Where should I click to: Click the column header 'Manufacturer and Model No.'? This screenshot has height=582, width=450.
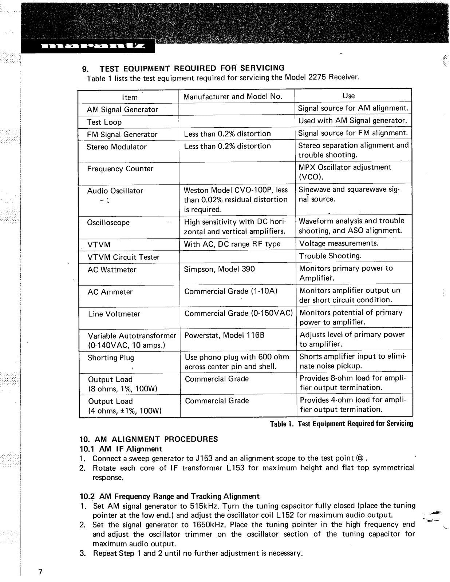(233, 96)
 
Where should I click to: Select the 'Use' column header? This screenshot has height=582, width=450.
(348, 96)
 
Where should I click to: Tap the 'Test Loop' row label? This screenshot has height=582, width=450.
(104, 122)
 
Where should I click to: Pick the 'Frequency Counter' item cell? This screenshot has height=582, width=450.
(120, 169)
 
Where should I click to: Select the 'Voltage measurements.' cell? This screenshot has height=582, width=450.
(339, 243)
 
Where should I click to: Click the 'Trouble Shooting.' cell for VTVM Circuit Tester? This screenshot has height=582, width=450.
(330, 256)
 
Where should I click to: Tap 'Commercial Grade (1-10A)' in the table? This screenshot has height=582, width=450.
(231, 291)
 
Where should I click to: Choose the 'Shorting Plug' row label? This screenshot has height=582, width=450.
(111, 358)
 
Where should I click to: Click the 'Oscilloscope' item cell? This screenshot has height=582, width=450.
(108, 223)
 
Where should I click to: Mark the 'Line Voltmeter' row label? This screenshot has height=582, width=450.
(114, 314)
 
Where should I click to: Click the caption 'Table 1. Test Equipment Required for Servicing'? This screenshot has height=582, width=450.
(341, 424)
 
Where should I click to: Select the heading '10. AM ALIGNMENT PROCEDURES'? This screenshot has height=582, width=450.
(149, 439)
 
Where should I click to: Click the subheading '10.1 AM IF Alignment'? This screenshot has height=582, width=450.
(121, 449)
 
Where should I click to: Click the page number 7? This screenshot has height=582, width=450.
(40, 572)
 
